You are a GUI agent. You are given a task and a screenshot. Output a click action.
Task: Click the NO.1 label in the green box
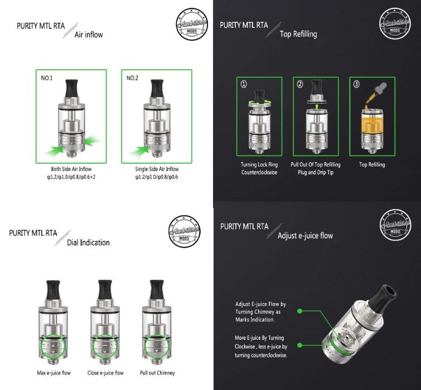(47, 78)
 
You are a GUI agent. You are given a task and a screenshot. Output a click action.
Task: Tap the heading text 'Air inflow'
(88, 35)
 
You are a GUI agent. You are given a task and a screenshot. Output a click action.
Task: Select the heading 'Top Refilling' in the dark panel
(298, 34)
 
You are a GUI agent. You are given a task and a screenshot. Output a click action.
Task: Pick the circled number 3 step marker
(356, 85)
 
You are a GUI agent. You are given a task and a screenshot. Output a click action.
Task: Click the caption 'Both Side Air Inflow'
(72, 169)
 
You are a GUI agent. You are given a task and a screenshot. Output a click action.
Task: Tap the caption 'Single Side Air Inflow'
(156, 169)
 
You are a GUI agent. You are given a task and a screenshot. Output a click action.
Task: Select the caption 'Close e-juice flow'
(105, 372)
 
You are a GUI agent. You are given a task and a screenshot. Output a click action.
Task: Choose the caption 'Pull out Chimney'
(156, 372)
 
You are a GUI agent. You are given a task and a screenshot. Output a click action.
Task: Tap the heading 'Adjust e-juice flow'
(305, 236)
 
